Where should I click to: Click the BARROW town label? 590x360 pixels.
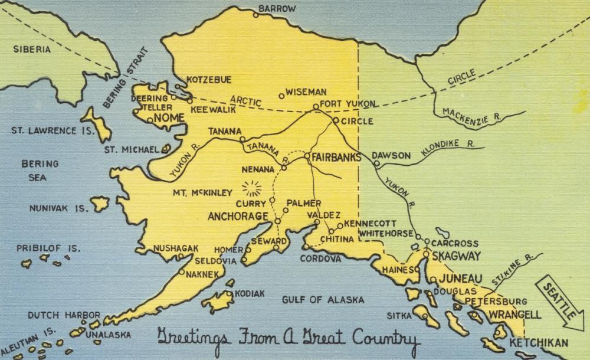[277, 8]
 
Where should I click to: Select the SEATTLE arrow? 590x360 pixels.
[558, 302]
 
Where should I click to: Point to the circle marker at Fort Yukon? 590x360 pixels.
[316, 107]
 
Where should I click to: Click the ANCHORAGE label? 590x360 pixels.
[238, 217]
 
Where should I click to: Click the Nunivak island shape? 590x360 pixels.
[100, 204]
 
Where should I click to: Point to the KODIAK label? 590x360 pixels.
[249, 293]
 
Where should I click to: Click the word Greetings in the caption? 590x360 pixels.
[189, 338]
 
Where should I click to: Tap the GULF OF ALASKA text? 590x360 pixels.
[323, 300]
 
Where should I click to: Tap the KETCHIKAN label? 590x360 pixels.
[539, 342]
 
